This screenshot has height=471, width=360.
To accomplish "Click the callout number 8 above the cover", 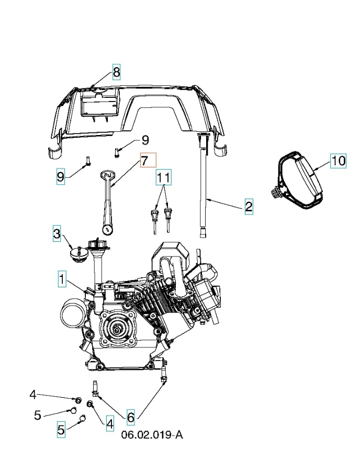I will coord(116,71).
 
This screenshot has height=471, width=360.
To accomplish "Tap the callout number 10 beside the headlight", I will coord(338,160).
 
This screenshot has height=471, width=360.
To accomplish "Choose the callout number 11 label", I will coord(164,177).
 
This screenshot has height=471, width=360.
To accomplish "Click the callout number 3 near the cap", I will coord(57,233).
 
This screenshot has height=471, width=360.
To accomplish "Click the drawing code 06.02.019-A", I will coord(152,435).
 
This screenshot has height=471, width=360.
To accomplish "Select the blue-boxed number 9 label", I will coord(61,177).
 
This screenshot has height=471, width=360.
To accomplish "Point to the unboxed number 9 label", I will coord(145,140).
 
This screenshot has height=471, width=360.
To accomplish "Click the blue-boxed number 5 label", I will coord(61,430).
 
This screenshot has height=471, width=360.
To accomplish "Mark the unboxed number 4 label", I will coord(32,394).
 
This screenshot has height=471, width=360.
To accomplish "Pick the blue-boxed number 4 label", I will coord(109,423).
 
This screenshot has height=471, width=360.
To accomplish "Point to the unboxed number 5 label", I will coord(37,415).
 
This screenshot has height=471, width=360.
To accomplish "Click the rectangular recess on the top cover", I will coord(99,108).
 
